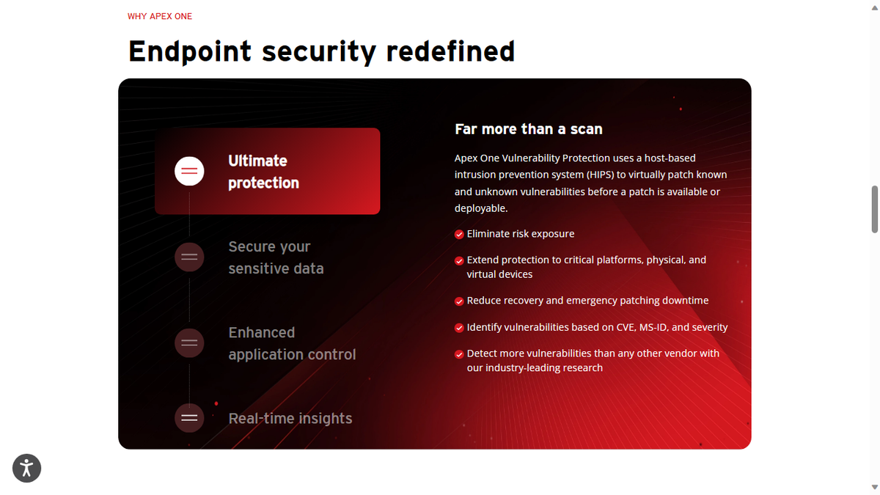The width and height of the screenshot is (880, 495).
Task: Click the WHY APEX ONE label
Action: [x=160, y=16]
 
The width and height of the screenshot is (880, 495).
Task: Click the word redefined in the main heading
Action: [x=450, y=51]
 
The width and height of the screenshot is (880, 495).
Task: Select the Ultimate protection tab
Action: [x=267, y=172]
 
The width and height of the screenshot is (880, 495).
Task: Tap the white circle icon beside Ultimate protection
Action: [x=189, y=172]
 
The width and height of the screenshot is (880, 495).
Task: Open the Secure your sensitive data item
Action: [x=276, y=257]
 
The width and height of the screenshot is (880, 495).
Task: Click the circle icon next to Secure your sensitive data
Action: [x=189, y=257]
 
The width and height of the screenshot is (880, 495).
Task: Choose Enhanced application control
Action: [x=292, y=343]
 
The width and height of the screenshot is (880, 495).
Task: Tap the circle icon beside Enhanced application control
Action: [x=189, y=342]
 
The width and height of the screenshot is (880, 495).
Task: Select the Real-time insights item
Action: [x=290, y=418]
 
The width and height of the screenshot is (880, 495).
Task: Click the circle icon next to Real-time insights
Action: [x=189, y=418]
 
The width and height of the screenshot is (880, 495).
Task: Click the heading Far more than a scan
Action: [x=529, y=129]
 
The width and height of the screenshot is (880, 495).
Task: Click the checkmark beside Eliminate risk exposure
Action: [x=459, y=235]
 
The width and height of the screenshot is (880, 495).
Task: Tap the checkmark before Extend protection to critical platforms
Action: [x=459, y=260]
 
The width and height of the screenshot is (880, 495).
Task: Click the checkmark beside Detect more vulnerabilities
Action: [x=459, y=354]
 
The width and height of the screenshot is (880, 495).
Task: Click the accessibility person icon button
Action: [x=27, y=468]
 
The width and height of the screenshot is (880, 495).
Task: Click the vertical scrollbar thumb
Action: [x=874, y=209]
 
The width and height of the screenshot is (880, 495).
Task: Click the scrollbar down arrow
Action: [x=874, y=488]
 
